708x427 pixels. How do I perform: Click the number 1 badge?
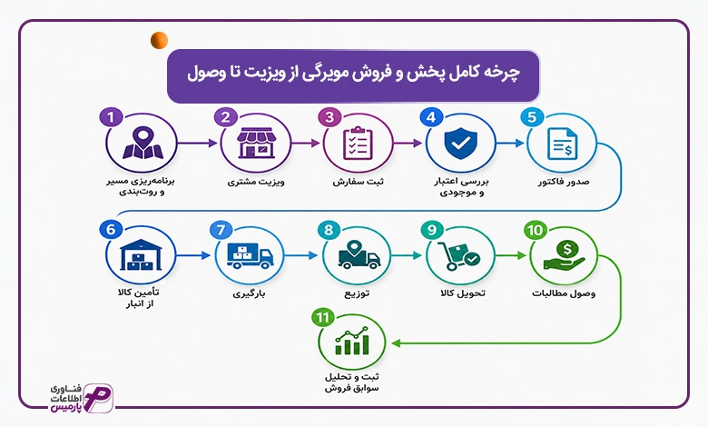click(x=111, y=117)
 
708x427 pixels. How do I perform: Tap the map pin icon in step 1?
click(x=143, y=143)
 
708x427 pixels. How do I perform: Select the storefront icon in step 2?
click(x=257, y=143)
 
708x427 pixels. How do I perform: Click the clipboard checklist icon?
click(x=358, y=144)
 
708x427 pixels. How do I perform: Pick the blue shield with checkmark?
click(x=460, y=143)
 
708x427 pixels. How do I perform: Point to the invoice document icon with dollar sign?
click(x=562, y=144)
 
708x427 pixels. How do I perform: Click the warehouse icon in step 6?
click(x=141, y=255)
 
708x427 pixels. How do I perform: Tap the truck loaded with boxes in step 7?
click(x=251, y=256)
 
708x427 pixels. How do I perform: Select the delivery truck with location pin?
click(x=359, y=255)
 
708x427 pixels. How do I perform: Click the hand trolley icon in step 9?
click(x=458, y=256)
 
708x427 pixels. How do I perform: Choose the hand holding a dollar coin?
click(x=565, y=255)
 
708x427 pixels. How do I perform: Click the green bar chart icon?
click(x=352, y=341)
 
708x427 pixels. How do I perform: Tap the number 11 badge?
click(x=322, y=318)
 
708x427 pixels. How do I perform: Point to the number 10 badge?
click(x=535, y=230)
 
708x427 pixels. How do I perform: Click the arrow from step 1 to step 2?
click(x=197, y=144)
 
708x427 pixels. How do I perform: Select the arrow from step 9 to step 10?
click(x=511, y=256)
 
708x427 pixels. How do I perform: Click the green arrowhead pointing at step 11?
click(x=396, y=343)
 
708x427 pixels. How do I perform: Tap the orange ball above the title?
click(x=160, y=40)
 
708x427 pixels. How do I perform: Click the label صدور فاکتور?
click(x=564, y=182)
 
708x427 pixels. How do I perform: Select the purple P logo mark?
click(x=98, y=398)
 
